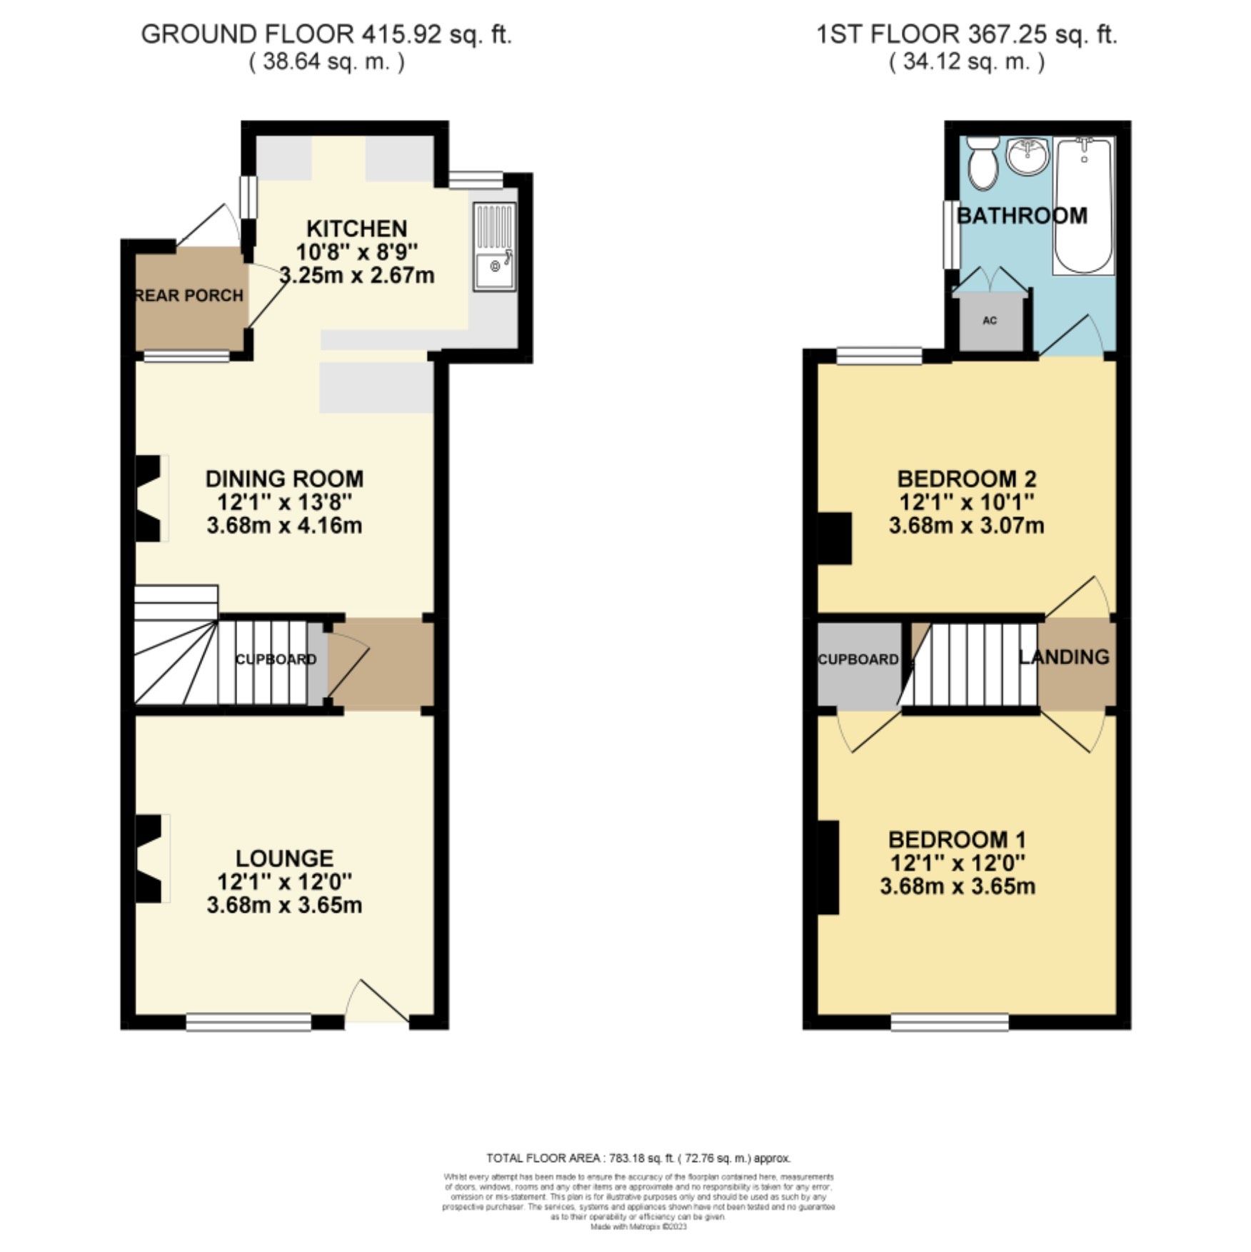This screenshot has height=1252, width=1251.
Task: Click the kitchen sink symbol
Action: click(x=493, y=247)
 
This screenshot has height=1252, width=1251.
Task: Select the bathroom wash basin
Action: click(x=1027, y=156)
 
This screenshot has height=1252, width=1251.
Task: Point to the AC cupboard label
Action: click(x=990, y=321)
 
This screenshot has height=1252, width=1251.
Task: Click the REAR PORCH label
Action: click(x=190, y=296)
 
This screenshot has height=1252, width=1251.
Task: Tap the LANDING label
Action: click(x=1065, y=657)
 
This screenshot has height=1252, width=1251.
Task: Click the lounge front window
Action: click(x=248, y=1022)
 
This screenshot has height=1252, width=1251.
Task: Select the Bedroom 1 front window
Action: click(x=950, y=1022)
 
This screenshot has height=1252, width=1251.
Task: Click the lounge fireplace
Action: click(x=151, y=859)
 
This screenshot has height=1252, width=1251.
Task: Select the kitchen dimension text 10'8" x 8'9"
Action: click(x=356, y=252)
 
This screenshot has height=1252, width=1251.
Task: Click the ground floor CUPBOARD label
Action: click(x=276, y=659)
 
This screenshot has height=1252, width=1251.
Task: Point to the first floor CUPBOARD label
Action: click(x=858, y=659)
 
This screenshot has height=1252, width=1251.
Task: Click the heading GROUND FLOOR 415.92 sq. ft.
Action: click(x=326, y=34)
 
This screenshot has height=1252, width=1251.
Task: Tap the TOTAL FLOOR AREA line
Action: click(x=638, y=1158)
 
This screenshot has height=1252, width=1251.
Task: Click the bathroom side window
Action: click(x=950, y=234)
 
